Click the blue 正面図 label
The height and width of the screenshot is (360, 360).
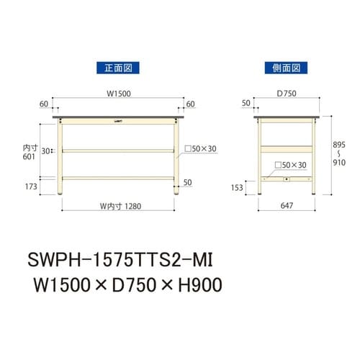117,68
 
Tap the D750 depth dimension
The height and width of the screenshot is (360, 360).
286,92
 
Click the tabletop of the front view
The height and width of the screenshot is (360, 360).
118,115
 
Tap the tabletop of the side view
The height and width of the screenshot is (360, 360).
286,115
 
